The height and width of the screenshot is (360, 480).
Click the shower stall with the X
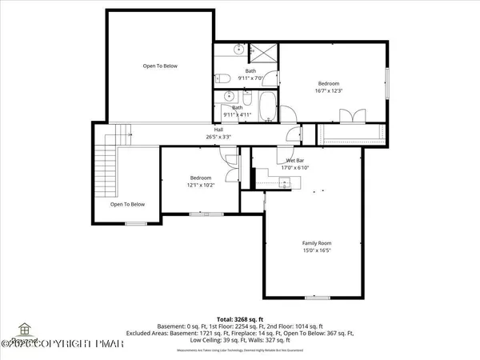(263, 54)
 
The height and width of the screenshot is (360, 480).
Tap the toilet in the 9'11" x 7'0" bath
(226, 78)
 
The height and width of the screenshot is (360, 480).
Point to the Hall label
(218, 130)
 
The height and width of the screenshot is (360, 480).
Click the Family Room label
(316, 243)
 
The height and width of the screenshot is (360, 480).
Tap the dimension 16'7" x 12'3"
(329, 91)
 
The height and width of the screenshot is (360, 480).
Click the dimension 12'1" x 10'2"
(200, 185)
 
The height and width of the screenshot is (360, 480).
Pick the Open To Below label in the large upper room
(160, 66)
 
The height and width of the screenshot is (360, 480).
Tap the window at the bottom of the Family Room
(317, 298)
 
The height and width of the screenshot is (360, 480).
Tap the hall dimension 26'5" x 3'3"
(218, 137)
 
